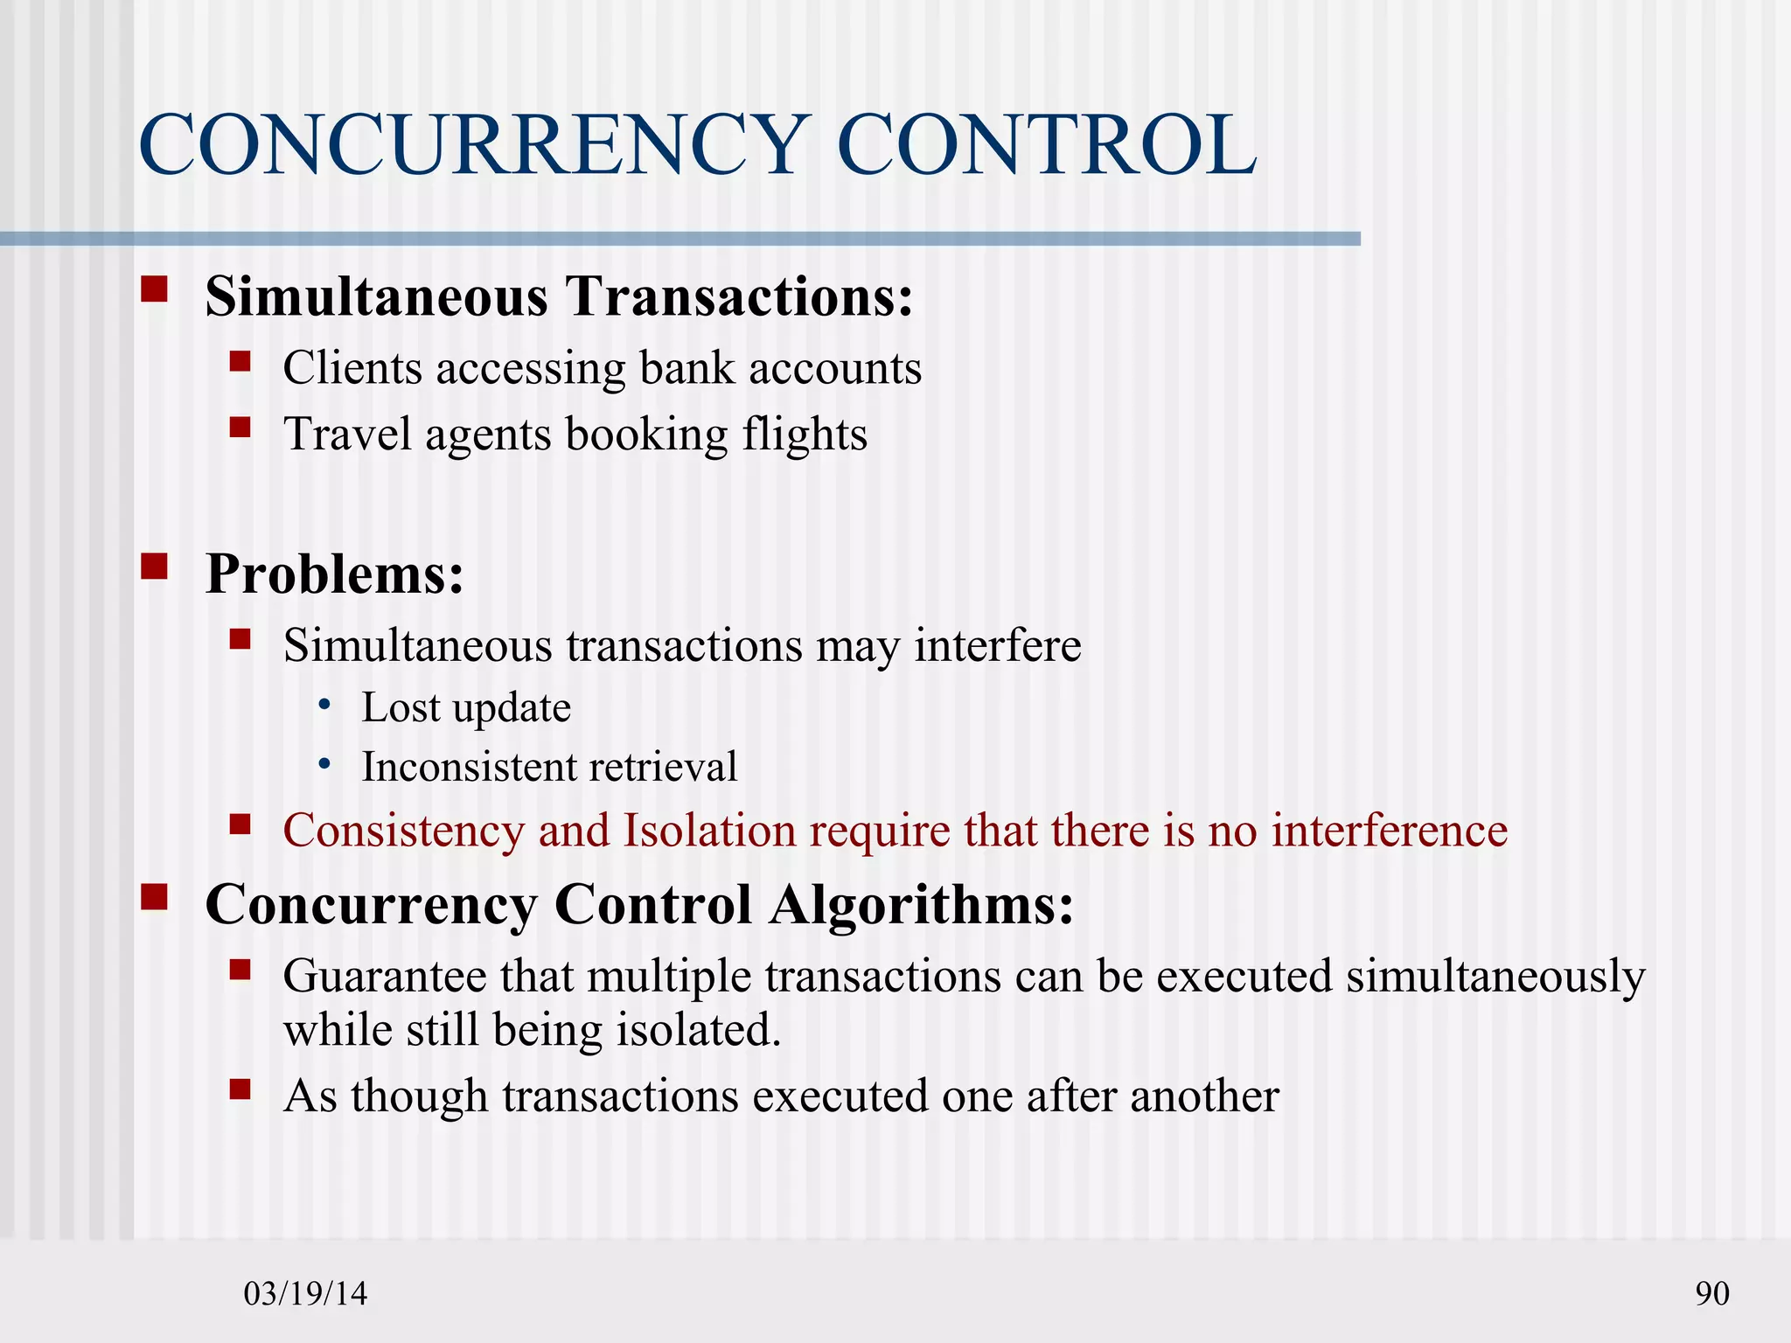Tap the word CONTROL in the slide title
(x=1046, y=145)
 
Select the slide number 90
(x=1711, y=1293)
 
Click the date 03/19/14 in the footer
(x=305, y=1293)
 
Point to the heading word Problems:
(x=334, y=574)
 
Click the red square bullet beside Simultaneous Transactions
(x=154, y=289)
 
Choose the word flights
(x=805, y=435)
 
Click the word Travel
(x=346, y=435)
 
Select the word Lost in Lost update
(x=401, y=707)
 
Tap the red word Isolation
(x=708, y=831)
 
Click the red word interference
(x=1389, y=831)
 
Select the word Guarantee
(x=385, y=976)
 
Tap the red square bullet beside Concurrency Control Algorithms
(x=154, y=897)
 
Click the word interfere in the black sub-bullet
(x=998, y=646)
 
